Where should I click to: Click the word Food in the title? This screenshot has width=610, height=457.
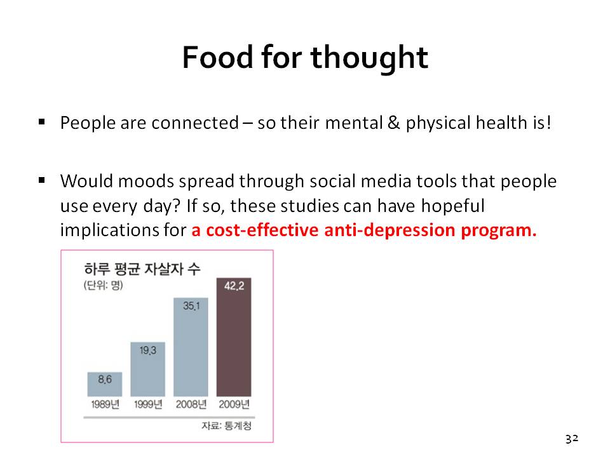[218, 57]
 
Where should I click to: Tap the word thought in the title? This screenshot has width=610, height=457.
[369, 58]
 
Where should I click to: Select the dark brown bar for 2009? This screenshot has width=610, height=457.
[234, 337]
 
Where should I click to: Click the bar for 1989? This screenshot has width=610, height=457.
[105, 385]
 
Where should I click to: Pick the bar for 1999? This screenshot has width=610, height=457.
[148, 369]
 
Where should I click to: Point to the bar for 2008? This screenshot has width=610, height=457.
[191, 347]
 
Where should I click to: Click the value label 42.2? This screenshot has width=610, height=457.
[234, 286]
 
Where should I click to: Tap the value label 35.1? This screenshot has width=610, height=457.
[191, 306]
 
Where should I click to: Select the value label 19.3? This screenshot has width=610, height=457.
[148, 350]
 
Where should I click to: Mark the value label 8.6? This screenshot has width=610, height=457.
[105, 380]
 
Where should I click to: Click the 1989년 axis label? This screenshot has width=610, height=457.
[105, 404]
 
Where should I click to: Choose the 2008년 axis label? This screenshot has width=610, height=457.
[191, 404]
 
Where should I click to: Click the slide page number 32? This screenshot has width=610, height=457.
[572, 439]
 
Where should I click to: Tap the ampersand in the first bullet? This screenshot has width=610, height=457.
[394, 123]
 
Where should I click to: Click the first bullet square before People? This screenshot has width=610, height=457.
[42, 123]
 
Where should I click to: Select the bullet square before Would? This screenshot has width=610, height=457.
[42, 180]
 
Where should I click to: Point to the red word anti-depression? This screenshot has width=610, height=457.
[390, 230]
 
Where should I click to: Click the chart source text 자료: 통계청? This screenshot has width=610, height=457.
[226, 426]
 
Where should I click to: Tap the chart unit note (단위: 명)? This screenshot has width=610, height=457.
[103, 286]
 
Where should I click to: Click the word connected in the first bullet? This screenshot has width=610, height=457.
[195, 123]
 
